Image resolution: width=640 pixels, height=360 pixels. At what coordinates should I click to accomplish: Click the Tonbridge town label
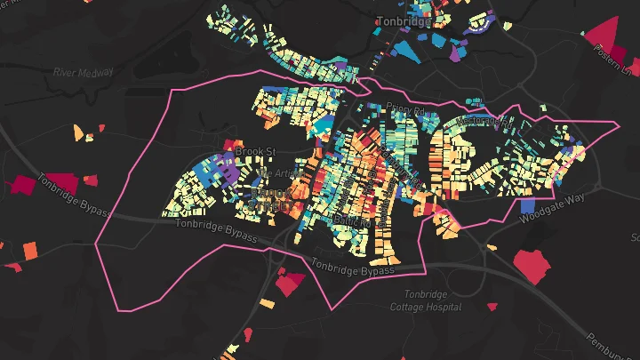coord(403,20)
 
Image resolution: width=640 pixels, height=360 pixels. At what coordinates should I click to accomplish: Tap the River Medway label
coord(84,72)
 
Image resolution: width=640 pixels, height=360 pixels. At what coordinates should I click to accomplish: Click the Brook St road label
coord(256,152)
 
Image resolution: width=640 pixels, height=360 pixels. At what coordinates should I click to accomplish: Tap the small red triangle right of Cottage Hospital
coord(492,308)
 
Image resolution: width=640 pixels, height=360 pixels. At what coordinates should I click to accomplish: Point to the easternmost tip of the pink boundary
coord(619,122)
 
